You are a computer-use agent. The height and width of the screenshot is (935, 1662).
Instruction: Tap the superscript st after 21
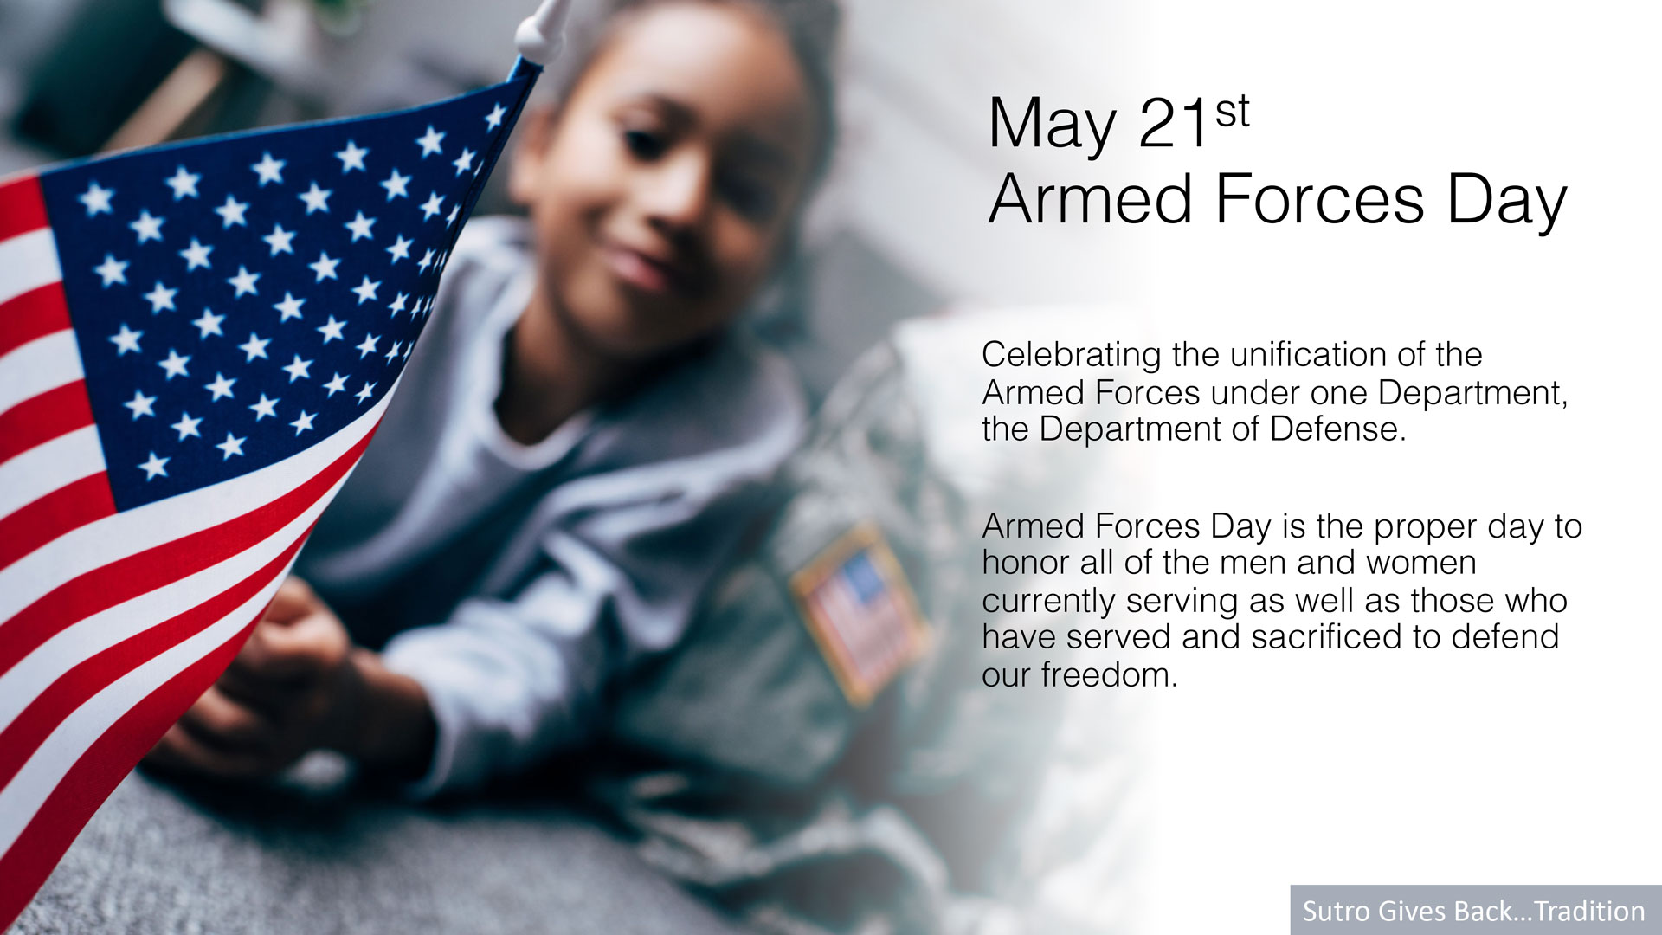click(1233, 113)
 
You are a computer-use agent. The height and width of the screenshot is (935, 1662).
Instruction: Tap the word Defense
click(1338, 429)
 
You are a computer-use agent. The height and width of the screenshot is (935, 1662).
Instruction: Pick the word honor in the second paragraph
click(1026, 563)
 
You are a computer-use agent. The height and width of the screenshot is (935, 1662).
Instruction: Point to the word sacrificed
click(1327, 637)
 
